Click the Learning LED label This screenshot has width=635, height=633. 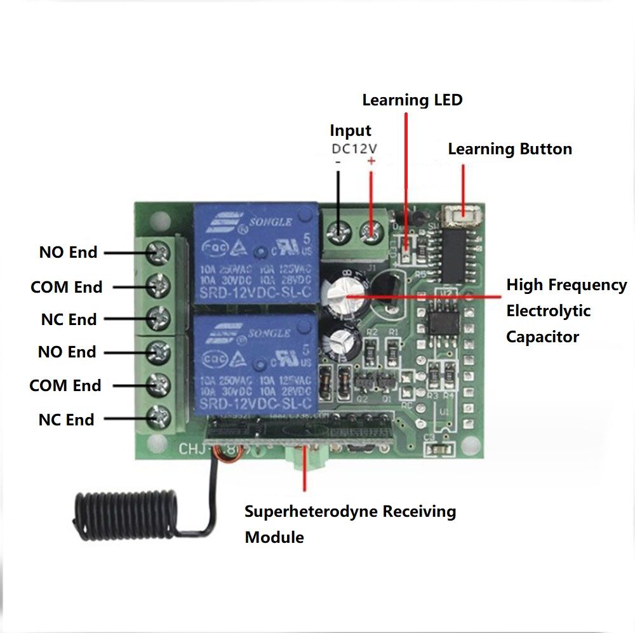(x=412, y=100)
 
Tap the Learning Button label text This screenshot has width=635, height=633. (x=510, y=149)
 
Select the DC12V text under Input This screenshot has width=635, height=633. (x=354, y=148)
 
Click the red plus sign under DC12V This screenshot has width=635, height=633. (x=371, y=162)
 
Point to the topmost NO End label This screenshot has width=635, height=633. (x=68, y=252)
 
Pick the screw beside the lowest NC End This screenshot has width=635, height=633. (x=158, y=418)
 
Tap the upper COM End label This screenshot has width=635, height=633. (x=66, y=287)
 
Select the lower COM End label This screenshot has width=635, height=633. (x=65, y=385)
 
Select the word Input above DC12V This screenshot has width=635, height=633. (x=350, y=131)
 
